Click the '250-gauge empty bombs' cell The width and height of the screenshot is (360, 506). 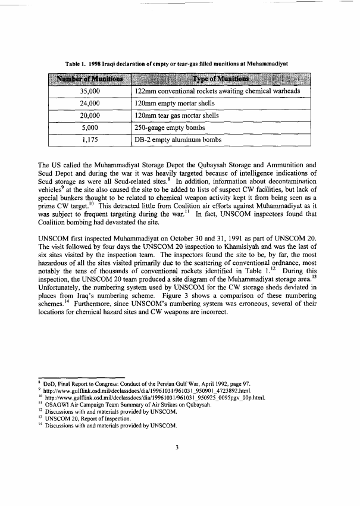pyautogui.click(x=170, y=127)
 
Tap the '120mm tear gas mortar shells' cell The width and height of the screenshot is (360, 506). pyautogui.click(x=177, y=115)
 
